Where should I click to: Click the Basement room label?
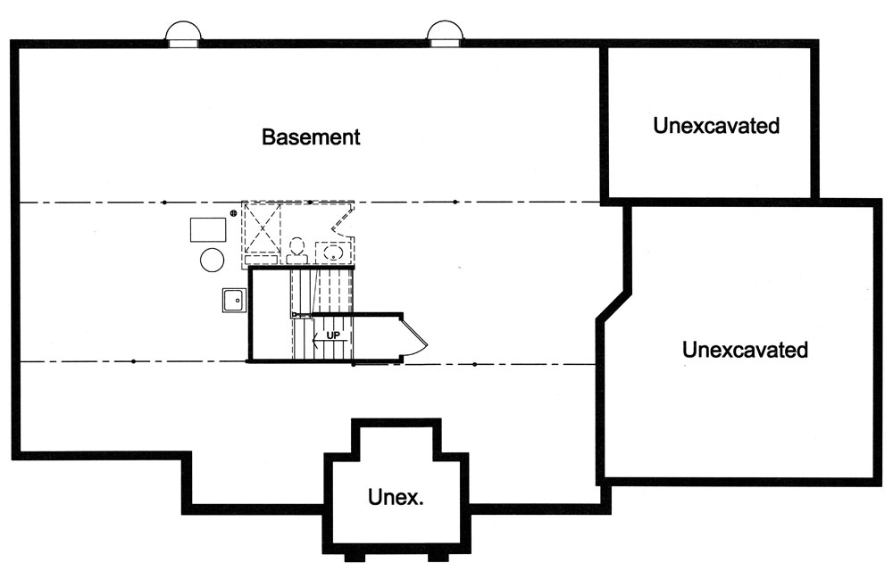point(310,137)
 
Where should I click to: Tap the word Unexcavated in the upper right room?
point(715,126)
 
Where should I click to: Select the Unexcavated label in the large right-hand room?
point(745,349)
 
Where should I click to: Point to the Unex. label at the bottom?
point(395,497)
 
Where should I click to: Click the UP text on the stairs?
point(333,335)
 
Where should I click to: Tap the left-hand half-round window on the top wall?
point(184,34)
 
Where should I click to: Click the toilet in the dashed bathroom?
point(297,246)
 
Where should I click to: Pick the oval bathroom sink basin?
point(333,251)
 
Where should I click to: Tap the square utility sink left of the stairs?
point(235,300)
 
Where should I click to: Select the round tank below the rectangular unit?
point(212,260)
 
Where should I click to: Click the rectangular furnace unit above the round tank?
point(209,228)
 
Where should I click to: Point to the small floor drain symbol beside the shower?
point(234,212)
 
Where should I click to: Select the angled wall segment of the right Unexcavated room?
point(614,301)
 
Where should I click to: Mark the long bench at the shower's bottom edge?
point(263,259)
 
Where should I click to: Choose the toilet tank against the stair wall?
point(297,260)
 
